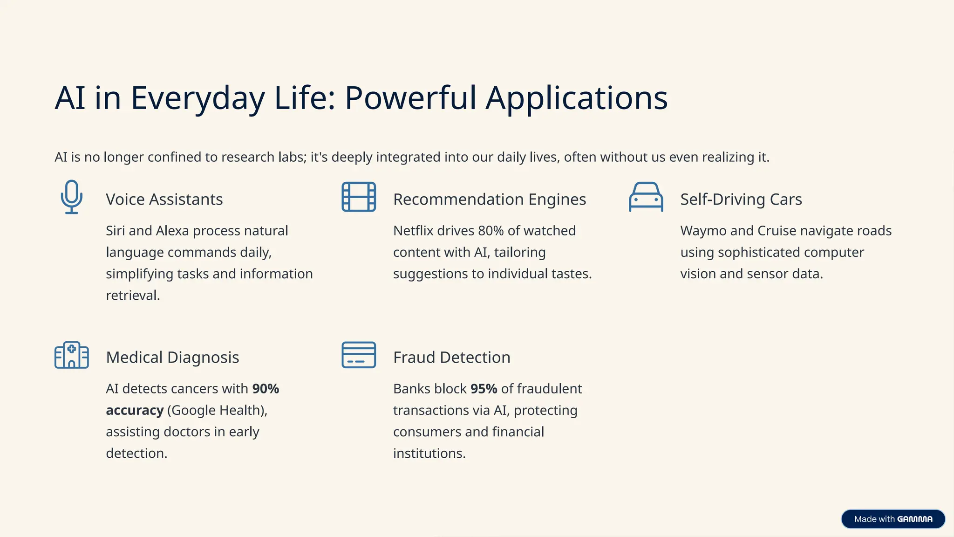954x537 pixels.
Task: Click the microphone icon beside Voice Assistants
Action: (x=72, y=197)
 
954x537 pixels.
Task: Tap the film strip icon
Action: (x=359, y=197)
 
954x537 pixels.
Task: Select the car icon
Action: (x=646, y=197)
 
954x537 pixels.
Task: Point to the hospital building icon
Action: (x=72, y=355)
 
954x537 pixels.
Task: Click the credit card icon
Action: (x=359, y=355)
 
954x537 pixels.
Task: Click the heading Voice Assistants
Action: (x=164, y=200)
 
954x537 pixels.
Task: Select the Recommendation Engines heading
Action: (x=489, y=200)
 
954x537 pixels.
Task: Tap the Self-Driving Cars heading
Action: (x=741, y=200)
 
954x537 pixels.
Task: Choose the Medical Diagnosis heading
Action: (x=172, y=358)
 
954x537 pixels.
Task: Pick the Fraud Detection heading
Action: (x=451, y=358)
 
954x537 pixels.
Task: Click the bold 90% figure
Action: (x=266, y=389)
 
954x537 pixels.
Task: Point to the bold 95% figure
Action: (x=484, y=389)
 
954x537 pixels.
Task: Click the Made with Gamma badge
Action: (x=893, y=519)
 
